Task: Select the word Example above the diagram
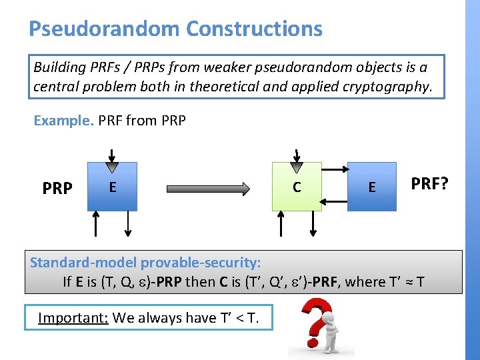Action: click(63, 121)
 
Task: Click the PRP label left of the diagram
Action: click(57, 189)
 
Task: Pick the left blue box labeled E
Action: click(112, 187)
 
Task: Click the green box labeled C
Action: click(297, 187)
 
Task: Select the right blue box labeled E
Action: click(371, 187)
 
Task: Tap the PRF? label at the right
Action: click(429, 183)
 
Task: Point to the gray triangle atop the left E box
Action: click(112, 166)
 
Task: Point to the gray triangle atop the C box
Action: click(297, 166)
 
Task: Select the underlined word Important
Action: click(73, 317)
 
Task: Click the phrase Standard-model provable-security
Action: click(145, 262)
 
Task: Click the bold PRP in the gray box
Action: click(166, 282)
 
